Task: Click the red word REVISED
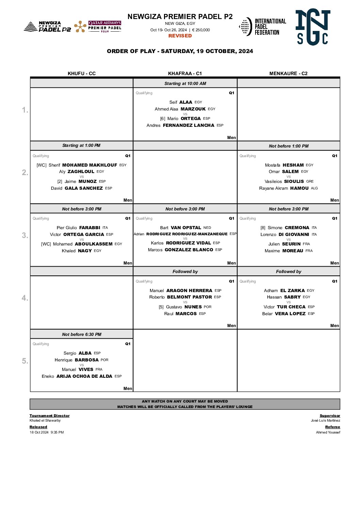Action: coord(180,36)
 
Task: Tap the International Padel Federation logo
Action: coord(263,27)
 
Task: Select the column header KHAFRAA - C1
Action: coord(185,73)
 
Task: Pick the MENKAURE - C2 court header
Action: coord(288,73)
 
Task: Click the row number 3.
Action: coord(25,235)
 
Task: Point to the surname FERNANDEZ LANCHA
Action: coord(189,125)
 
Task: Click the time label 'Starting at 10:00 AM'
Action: coord(185,84)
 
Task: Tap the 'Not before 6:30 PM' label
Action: coord(82,335)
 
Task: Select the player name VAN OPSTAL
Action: coord(186,228)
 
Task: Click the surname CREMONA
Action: coord(297,228)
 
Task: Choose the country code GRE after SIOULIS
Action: coord(310,182)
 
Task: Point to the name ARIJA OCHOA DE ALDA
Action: coord(84,376)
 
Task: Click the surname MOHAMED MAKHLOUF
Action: coord(89,165)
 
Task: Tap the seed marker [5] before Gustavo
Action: coord(161,307)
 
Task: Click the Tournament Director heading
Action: coord(49,415)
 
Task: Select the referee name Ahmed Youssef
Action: coord(328,432)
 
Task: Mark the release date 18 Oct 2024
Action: coord(39,432)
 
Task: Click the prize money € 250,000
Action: coord(201,30)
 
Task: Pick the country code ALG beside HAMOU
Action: coord(314,188)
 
